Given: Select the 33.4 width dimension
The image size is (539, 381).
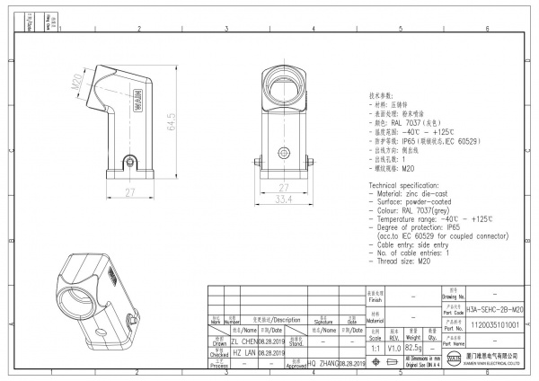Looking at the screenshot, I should pos(285,199).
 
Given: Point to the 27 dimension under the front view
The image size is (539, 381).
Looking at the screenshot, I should pos(285,188).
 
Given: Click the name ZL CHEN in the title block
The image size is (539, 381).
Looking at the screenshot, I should pos(243,342).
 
